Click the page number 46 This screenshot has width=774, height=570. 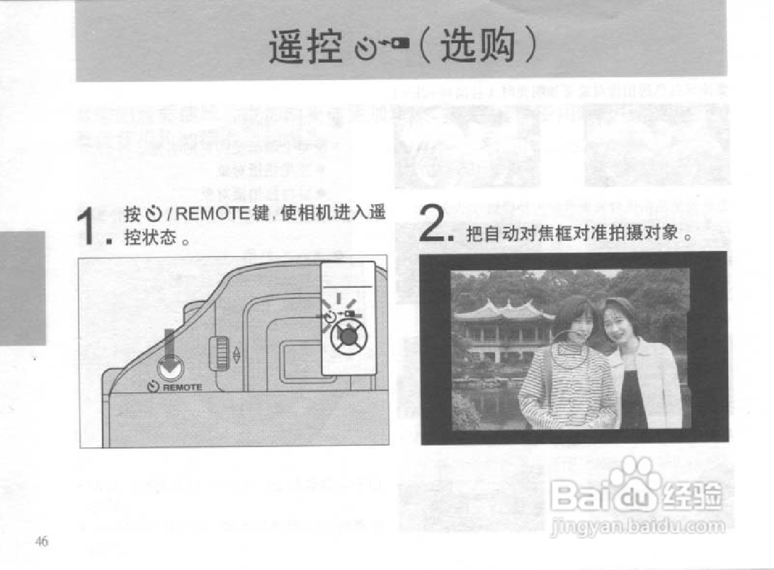(x=42, y=542)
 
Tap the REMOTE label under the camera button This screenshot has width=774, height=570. (x=182, y=387)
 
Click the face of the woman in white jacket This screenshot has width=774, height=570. (x=618, y=330)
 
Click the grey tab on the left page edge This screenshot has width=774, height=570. (x=22, y=287)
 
